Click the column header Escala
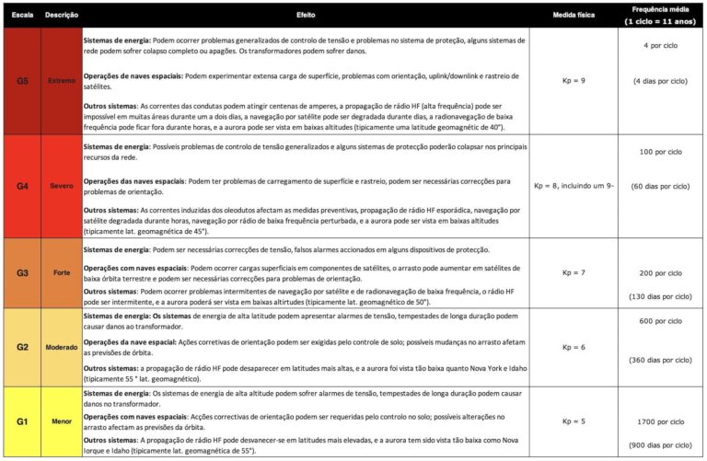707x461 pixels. coord(22,17)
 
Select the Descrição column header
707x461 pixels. coord(61,17)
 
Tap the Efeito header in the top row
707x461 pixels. coord(306,17)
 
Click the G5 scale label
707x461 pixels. coord(22,81)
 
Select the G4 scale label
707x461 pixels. coord(22,186)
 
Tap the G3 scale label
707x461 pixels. coord(22,273)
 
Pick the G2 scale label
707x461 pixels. coord(22,347)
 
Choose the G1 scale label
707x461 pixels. coord(22,421)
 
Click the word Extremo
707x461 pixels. coord(61,81)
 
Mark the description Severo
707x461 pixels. coord(61,186)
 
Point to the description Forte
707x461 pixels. coord(61,273)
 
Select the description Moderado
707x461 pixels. coord(61,347)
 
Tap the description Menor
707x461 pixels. coord(61,421)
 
